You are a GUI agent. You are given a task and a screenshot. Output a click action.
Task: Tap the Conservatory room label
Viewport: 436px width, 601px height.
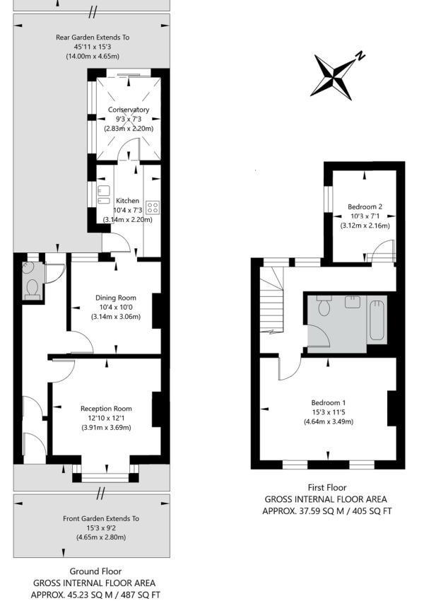[128, 110]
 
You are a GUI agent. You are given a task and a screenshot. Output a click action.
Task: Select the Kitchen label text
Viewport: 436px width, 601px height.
[128, 201]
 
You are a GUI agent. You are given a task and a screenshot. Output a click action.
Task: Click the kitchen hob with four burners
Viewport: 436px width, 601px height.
[153, 208]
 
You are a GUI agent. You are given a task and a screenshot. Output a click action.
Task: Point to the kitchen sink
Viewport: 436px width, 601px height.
[103, 196]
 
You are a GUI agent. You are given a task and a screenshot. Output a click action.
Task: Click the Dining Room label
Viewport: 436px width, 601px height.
[116, 298]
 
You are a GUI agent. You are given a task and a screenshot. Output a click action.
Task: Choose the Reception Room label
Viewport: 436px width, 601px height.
[106, 409]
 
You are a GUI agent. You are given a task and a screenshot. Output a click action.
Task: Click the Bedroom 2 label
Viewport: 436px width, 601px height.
[365, 206]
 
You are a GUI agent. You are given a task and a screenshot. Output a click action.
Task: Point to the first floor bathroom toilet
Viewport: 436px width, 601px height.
[324, 306]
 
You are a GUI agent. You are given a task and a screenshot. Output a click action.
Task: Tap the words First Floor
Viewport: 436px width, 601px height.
[327, 487]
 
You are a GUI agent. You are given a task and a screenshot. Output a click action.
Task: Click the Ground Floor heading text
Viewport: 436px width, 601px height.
[95, 571]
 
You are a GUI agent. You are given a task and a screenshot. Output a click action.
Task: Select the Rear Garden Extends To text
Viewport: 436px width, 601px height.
[93, 37]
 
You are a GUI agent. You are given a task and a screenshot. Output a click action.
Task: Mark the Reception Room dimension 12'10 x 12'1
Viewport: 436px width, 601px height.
[106, 418]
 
